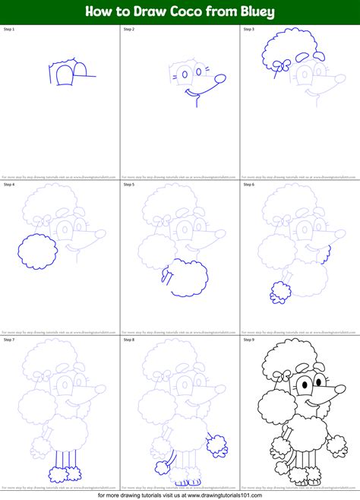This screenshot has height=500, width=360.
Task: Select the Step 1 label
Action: pos(9,29)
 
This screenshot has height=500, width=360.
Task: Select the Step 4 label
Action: pos(9,184)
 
